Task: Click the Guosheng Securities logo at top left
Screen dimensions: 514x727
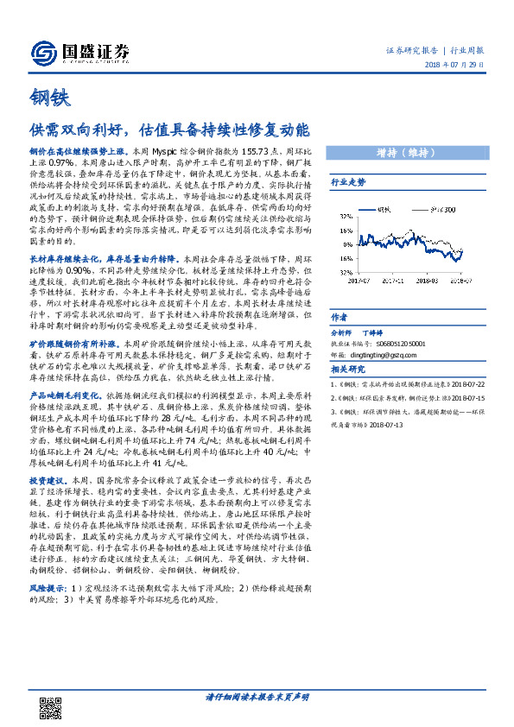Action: pyautogui.click(x=79, y=52)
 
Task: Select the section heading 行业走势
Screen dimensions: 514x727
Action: pyautogui.click(x=349, y=183)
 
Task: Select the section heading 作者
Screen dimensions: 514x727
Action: pyautogui.click(x=339, y=317)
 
